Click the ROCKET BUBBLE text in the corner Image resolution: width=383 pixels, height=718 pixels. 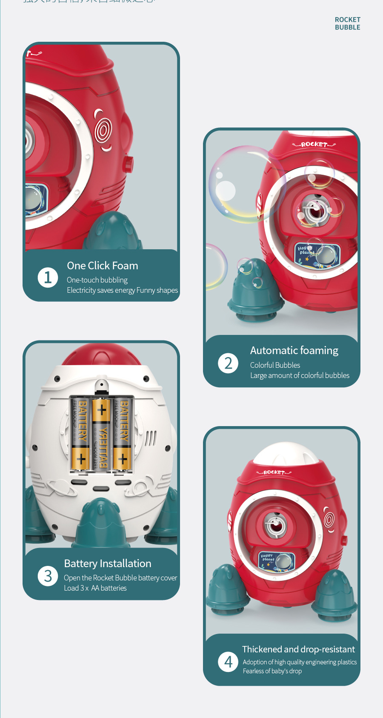click(347, 23)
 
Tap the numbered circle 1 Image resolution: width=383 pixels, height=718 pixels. click(48, 277)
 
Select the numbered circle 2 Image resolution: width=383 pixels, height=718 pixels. click(228, 363)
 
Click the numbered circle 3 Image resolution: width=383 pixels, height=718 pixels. click(48, 576)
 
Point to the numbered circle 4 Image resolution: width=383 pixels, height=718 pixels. click(228, 662)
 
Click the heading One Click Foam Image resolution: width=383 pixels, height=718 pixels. click(103, 265)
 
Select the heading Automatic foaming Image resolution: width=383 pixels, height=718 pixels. click(294, 350)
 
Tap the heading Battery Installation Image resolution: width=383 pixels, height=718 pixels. click(108, 563)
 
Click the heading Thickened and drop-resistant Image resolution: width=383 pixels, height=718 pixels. click(298, 649)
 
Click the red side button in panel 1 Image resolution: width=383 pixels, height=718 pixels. click(128, 164)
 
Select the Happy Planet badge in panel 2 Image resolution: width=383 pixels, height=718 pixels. click(317, 255)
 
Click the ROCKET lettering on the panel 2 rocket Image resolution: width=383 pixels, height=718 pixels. click(314, 144)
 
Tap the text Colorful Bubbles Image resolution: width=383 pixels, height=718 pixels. click(275, 365)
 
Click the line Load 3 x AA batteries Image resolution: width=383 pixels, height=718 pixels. click(95, 588)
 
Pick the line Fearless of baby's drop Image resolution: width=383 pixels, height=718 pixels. click(272, 671)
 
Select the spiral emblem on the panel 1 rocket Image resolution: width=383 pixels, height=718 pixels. click(103, 130)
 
